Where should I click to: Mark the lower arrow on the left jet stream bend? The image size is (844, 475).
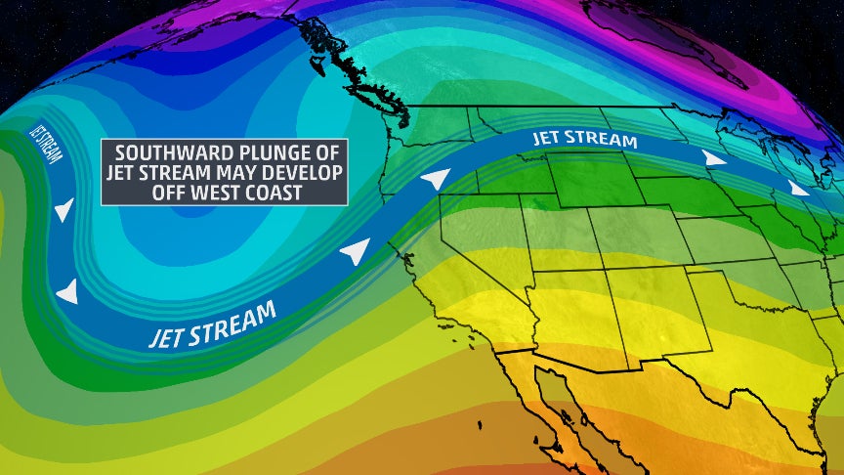click(67, 290)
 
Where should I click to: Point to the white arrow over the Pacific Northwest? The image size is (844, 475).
click(435, 179)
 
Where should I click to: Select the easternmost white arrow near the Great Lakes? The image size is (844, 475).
click(799, 189)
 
